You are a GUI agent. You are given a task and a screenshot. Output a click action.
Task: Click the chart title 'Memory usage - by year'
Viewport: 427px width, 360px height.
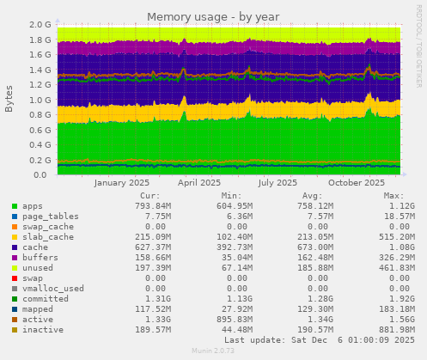pos(213,16)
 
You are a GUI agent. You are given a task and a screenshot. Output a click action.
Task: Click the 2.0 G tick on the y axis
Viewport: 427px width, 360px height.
pos(39,25)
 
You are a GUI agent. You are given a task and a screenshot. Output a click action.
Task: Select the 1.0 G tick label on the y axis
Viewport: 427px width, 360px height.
pos(39,100)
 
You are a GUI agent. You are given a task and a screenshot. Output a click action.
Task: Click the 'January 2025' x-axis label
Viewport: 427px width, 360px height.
pos(121,182)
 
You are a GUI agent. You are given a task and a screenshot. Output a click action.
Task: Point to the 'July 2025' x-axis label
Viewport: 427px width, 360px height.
pos(278,182)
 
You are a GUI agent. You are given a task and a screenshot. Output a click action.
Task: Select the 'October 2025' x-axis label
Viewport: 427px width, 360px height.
pos(357,182)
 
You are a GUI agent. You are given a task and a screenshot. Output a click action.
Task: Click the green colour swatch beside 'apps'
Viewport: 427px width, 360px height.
pos(15,206)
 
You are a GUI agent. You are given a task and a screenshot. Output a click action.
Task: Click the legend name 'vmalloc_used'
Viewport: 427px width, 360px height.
pos(53,288)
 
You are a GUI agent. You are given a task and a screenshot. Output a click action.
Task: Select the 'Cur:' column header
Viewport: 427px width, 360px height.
pos(149,195)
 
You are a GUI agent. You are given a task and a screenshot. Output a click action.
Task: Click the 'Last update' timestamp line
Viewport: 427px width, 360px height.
pos(319,339)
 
